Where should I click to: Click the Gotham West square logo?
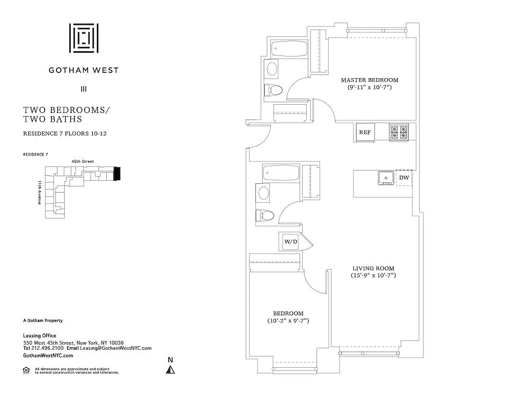click(x=84, y=37)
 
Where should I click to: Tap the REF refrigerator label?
click(x=365, y=132)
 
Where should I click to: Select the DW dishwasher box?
click(x=404, y=178)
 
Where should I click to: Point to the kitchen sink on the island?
click(x=385, y=178)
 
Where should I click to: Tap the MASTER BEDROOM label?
click(x=369, y=80)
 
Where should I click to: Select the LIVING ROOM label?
click(x=373, y=269)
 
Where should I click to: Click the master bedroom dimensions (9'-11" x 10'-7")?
click(x=369, y=88)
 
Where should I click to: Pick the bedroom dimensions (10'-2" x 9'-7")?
click(x=288, y=321)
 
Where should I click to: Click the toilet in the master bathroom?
click(x=273, y=90)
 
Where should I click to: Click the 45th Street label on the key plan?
click(x=83, y=161)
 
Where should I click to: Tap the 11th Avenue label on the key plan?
click(x=39, y=193)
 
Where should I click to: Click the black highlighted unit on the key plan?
click(x=117, y=174)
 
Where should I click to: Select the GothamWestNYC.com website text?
click(x=48, y=355)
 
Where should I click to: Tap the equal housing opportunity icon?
click(x=26, y=369)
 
